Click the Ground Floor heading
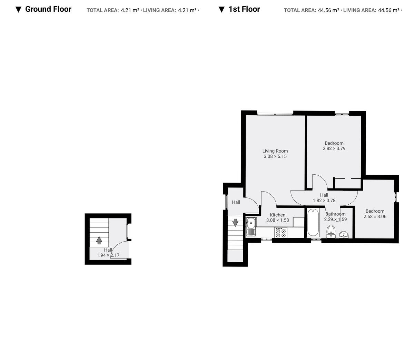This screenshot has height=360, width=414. coord(48,9)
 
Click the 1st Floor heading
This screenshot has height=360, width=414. coord(244,9)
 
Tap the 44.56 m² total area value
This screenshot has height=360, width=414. coord(328,10)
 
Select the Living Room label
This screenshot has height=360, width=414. coord(275,151)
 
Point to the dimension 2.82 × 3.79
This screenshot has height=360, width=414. coord(334,148)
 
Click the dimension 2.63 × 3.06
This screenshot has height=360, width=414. coord(375,217)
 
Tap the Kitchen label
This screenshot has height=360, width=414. coord(277,215)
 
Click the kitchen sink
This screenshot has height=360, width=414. coord(251,224)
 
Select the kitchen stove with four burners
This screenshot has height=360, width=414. coord(280,232)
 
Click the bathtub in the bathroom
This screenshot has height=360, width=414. coord(313,223)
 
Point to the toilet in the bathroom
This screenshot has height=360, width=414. coord(331,231)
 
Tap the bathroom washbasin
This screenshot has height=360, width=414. coord(343,235)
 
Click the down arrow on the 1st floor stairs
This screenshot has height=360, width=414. coord(235,223)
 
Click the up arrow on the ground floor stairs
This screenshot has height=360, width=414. coord(99,240)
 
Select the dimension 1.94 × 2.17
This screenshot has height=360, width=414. coord(108,255)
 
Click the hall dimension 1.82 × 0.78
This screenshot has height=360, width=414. coord(324,201)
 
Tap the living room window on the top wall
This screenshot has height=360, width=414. coord(275,113)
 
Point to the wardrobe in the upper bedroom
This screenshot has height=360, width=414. coord(347,183)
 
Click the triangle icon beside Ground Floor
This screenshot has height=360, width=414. coord(19,10)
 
